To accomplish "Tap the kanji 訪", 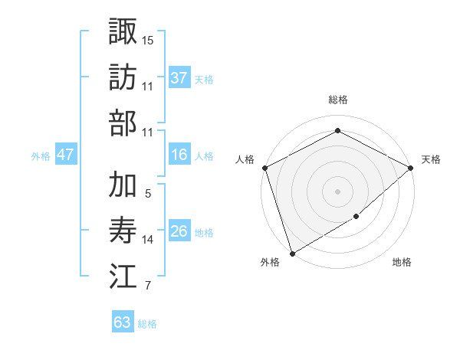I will [123, 77].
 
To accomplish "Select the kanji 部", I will [123, 123].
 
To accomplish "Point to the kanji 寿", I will [123, 230].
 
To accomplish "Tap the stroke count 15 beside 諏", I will [148, 39].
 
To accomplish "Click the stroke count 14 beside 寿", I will [148, 240].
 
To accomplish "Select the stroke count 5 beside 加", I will [147, 195].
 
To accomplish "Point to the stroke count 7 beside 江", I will [147, 286].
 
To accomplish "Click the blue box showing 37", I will [179, 78].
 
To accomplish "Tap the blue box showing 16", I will [179, 155].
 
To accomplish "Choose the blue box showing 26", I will [179, 231].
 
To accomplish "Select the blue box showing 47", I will [66, 155].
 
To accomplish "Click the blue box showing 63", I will [123, 322].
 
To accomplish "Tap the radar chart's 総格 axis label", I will [337, 100].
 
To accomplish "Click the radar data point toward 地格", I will [356, 218].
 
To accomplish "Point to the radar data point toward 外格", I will [291, 254].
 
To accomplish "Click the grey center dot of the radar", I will [337, 191].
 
